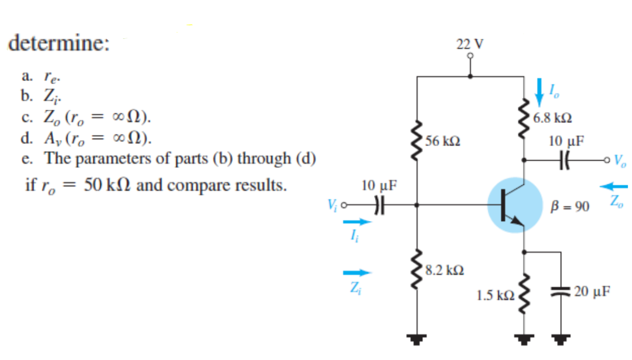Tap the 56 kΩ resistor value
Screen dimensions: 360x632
point(444,141)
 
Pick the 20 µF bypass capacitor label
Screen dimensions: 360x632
point(592,292)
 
